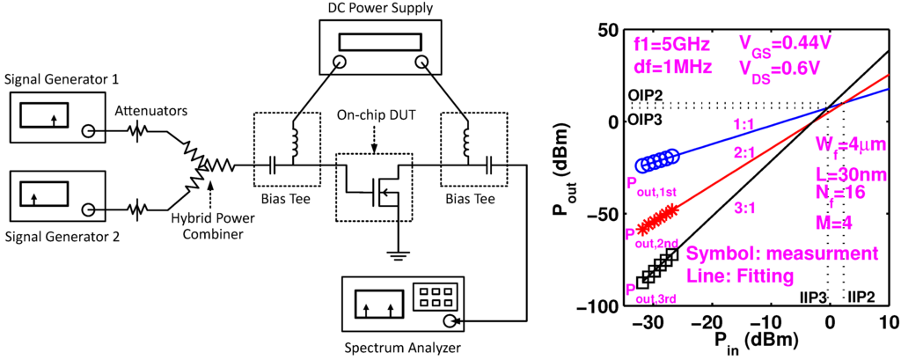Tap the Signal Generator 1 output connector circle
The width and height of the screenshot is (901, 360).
(88, 131)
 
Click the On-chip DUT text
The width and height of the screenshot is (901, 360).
(376, 115)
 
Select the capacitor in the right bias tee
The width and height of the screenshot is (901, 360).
(487, 165)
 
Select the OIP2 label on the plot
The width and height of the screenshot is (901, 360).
(645, 96)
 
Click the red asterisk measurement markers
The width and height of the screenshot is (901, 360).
(659, 216)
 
